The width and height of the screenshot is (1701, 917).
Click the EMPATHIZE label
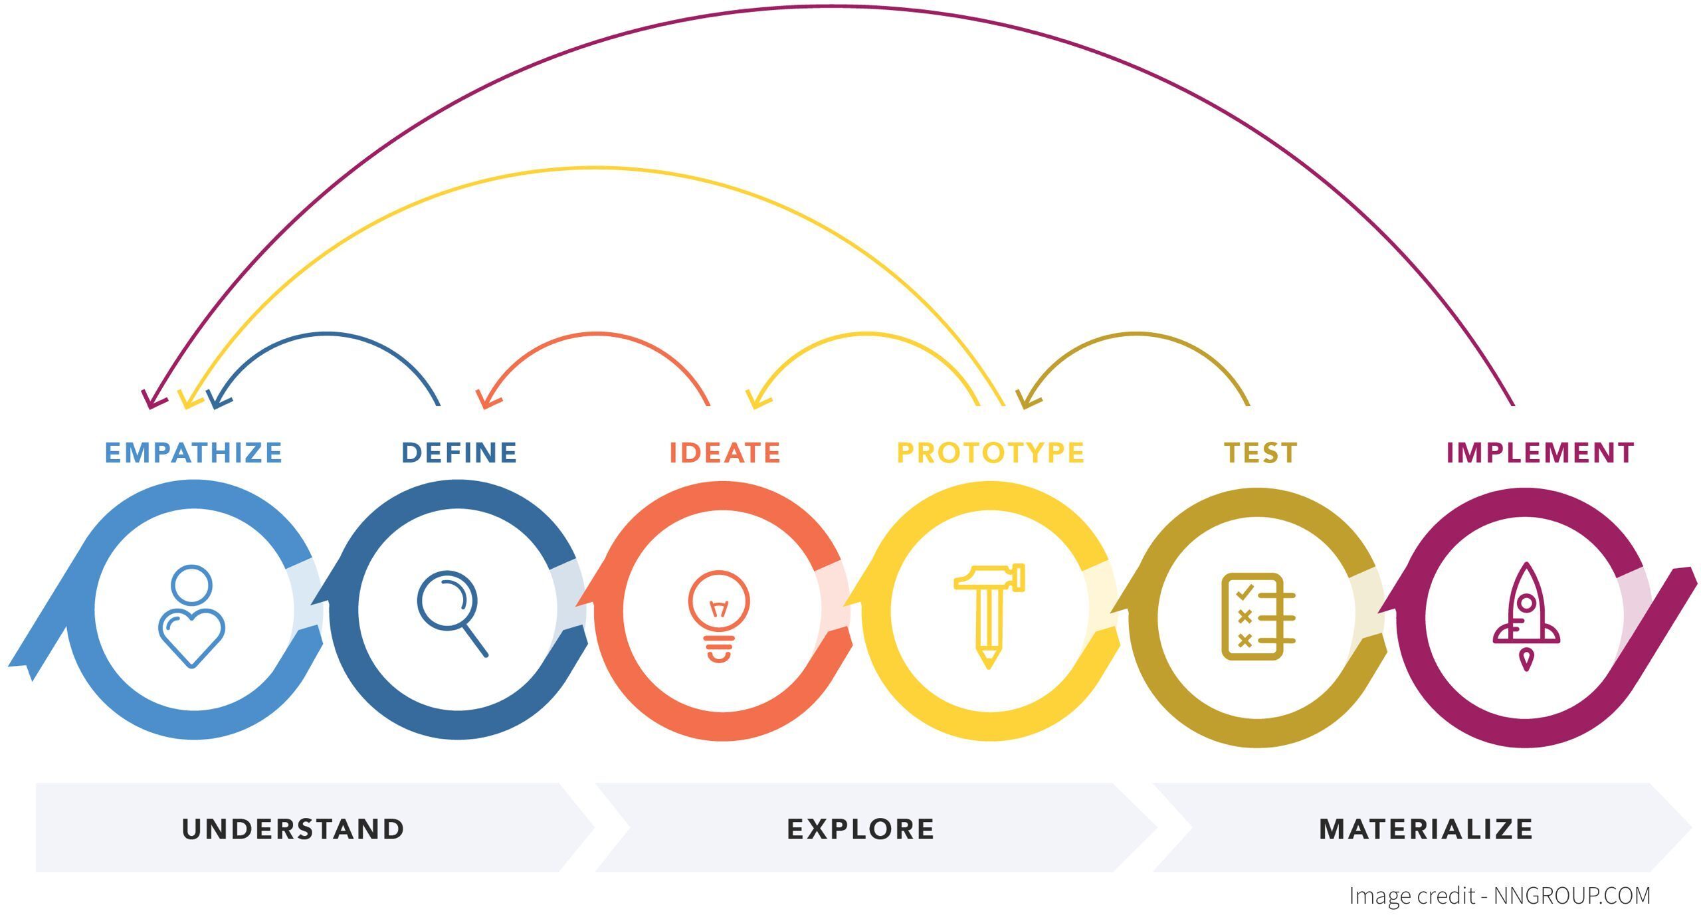pyautogui.click(x=193, y=453)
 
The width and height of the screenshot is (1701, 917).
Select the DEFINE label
pyautogui.click(x=459, y=453)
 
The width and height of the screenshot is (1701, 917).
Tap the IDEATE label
pyautogui.click(x=724, y=453)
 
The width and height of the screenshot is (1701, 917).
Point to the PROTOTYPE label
pyautogui.click(x=990, y=453)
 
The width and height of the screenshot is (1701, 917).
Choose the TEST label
pyautogui.click(x=1260, y=453)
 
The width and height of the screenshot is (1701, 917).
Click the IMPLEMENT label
pyautogui.click(x=1540, y=453)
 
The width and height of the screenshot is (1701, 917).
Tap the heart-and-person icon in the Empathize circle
pyautogui.click(x=191, y=616)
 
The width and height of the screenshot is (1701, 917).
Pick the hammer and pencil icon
pyautogui.click(x=989, y=615)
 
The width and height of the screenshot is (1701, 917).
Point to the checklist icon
pyautogui.click(x=1257, y=616)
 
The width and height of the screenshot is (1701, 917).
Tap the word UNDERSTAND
pyautogui.click(x=293, y=829)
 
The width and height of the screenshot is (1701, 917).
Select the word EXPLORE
pyautogui.click(x=860, y=829)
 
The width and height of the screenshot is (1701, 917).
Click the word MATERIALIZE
pyautogui.click(x=1426, y=829)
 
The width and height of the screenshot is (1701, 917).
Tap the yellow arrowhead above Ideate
pyautogui.click(x=756, y=400)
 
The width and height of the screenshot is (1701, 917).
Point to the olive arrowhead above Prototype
pyautogui.click(x=1027, y=400)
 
